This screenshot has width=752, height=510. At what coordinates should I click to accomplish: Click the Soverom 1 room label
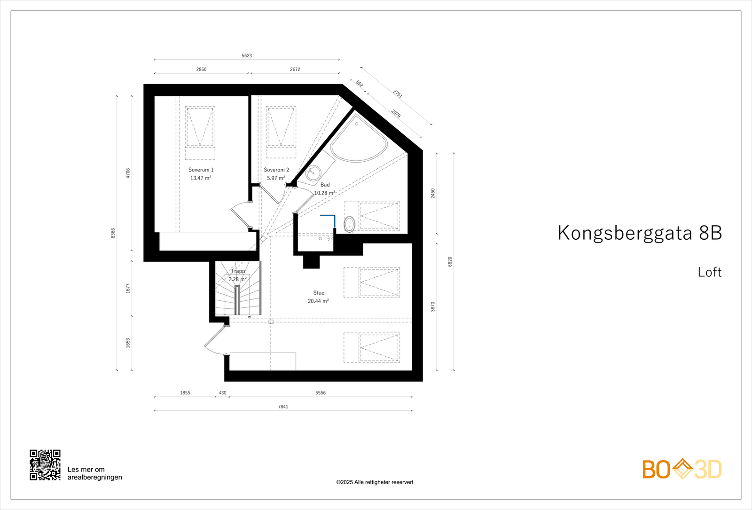pyautogui.click(x=201, y=170)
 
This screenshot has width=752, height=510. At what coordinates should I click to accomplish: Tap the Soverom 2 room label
pyautogui.click(x=276, y=170)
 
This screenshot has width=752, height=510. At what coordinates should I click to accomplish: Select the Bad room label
pyautogui.click(x=325, y=185)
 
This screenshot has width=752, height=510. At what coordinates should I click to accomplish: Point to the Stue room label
pyautogui.click(x=319, y=293)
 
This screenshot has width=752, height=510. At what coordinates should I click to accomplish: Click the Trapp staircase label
pyautogui.click(x=238, y=271)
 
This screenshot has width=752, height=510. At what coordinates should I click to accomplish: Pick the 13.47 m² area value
pyautogui.click(x=201, y=178)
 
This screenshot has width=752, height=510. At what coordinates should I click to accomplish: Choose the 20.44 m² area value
pyautogui.click(x=318, y=301)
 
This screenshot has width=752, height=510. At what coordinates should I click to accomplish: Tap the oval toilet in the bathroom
pyautogui.click(x=350, y=224)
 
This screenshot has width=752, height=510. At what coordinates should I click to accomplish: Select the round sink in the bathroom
pyautogui.click(x=313, y=173)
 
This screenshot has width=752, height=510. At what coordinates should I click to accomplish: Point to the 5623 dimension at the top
pyautogui.click(x=247, y=55)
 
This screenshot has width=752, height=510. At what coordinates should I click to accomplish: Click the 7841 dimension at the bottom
pyautogui.click(x=283, y=407)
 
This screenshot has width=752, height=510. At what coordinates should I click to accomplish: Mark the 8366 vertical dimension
pyautogui.click(x=113, y=233)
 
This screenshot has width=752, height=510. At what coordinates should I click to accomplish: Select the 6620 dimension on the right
pyautogui.click(x=450, y=262)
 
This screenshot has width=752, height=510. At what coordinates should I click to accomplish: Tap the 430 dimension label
pyautogui.click(x=222, y=393)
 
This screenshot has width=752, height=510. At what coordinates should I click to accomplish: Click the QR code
pyautogui.click(x=45, y=465)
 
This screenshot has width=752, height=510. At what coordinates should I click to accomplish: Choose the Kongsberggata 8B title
pyautogui.click(x=639, y=233)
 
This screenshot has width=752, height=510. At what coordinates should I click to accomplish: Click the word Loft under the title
pyautogui.click(x=710, y=272)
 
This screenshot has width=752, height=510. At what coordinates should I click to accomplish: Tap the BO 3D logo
pyautogui.click(x=682, y=469)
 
